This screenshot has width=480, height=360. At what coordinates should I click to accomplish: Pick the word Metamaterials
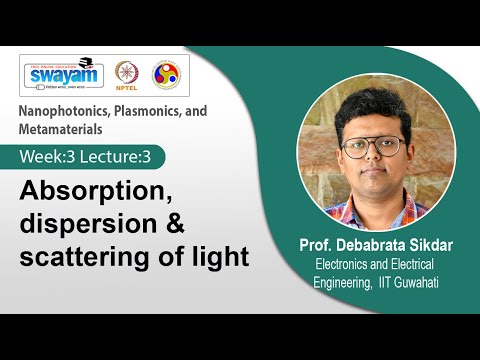click(62, 129)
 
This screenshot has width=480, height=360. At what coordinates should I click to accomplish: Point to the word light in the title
click(219, 256)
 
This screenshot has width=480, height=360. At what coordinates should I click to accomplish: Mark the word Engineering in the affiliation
click(347, 281)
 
